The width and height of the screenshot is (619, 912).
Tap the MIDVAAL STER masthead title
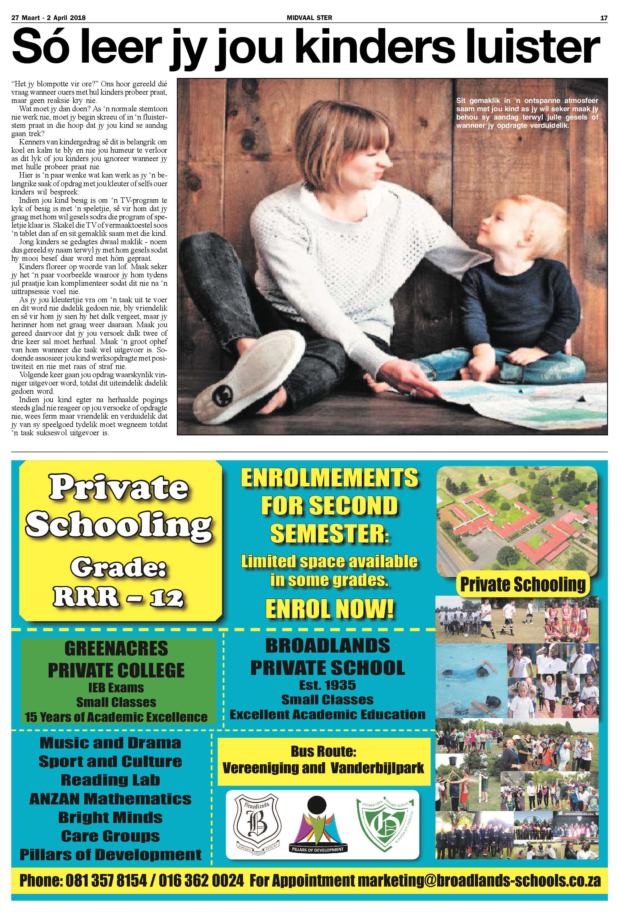(x=309, y=18)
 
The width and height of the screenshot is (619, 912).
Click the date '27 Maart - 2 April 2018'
(x=49, y=18)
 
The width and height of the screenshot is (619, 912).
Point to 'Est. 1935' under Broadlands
(x=327, y=685)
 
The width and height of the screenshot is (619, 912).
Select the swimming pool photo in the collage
(x=471, y=680)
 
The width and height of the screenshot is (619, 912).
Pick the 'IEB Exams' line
(x=116, y=688)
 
